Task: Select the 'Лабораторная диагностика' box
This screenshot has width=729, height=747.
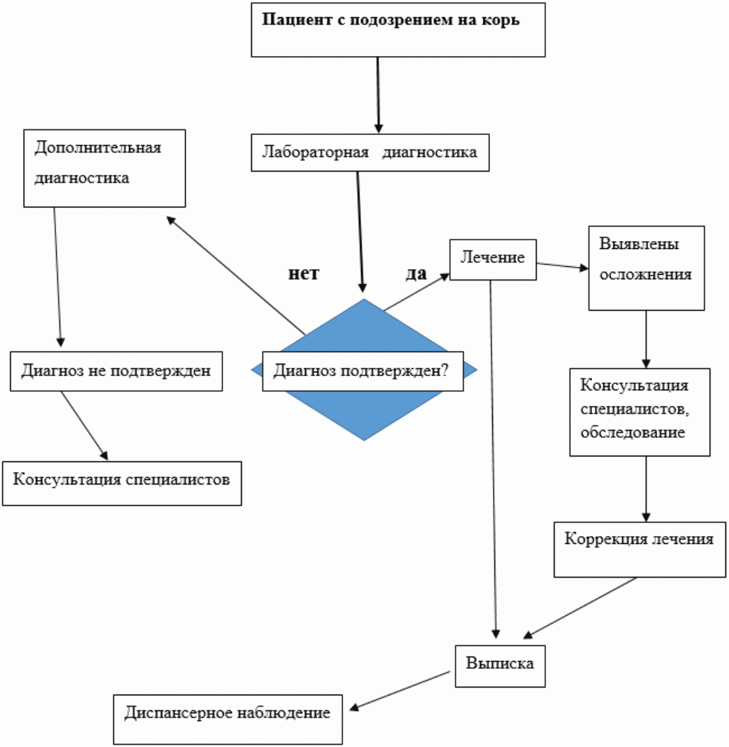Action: (x=370, y=152)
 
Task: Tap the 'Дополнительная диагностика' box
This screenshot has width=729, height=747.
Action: (x=104, y=168)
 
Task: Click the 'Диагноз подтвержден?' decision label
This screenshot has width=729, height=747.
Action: (x=362, y=371)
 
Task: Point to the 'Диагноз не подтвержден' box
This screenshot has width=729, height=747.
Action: (x=116, y=371)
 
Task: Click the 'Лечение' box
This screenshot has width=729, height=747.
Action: (x=493, y=259)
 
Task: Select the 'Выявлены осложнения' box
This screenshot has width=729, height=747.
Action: (x=646, y=268)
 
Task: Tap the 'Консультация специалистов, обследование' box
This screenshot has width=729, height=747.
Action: (x=639, y=412)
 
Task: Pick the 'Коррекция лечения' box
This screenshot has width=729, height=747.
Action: (x=639, y=548)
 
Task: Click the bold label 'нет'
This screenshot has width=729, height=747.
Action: (x=304, y=273)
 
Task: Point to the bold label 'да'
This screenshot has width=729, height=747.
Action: (x=416, y=273)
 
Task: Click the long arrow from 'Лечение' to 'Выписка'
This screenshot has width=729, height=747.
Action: (x=492, y=459)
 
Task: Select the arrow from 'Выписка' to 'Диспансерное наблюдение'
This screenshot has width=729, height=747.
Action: (x=402, y=690)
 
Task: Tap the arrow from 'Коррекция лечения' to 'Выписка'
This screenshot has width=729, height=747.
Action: (x=581, y=607)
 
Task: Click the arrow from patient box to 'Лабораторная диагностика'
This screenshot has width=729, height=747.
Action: (x=377, y=93)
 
